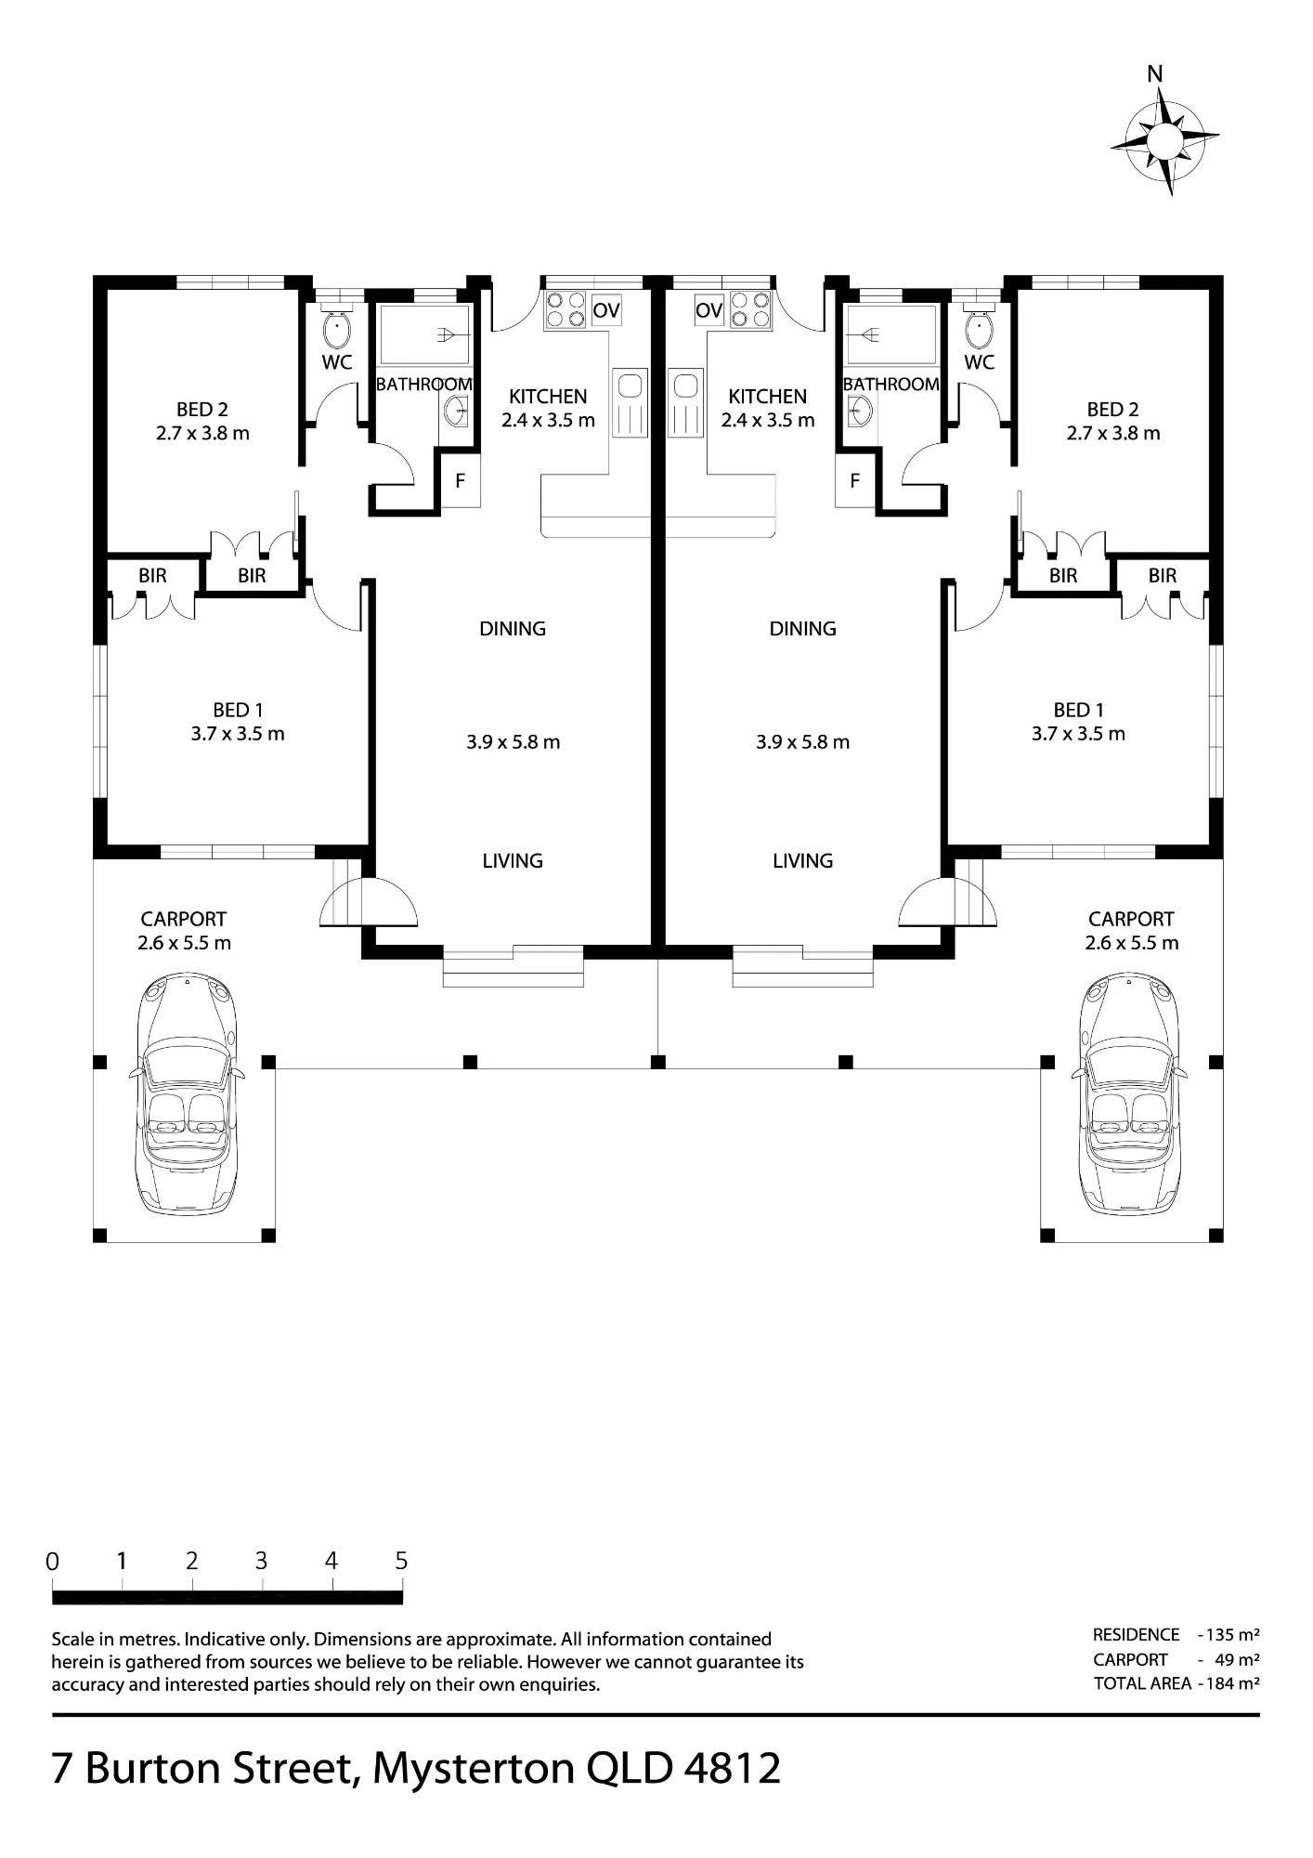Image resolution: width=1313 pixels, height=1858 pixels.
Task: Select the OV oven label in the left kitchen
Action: [606, 310]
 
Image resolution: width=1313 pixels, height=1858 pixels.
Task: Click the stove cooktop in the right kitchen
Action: [750, 310]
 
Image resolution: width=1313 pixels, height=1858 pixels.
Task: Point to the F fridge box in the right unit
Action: [854, 481]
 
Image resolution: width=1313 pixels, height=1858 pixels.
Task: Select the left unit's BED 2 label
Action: [202, 410]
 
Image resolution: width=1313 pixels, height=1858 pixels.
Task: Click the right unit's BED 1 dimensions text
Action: [1078, 734]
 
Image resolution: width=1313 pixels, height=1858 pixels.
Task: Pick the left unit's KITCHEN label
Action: [548, 397]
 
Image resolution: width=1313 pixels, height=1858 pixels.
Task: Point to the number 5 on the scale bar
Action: [401, 1561]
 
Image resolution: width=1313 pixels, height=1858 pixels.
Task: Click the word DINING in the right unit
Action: [803, 629]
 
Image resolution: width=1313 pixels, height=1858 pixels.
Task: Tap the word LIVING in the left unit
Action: [513, 861]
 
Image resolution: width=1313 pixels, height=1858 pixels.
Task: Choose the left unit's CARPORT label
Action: [184, 920]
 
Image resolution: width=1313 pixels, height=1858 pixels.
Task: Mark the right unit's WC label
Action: [980, 362]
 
